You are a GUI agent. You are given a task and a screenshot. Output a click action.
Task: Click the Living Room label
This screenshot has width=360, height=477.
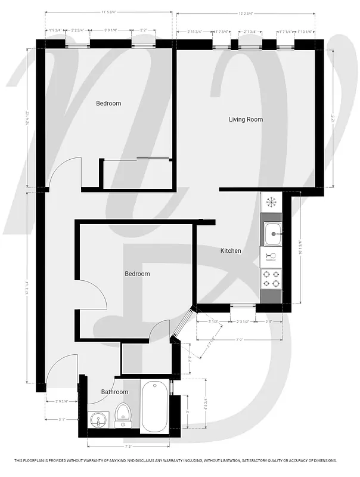click(x=246, y=119)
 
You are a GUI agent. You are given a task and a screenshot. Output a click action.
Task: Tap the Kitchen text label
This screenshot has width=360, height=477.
click(x=231, y=251)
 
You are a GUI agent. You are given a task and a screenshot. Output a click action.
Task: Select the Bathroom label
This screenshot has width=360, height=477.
click(x=114, y=392)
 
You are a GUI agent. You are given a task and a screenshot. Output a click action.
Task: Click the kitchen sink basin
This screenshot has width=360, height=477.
click(x=274, y=234)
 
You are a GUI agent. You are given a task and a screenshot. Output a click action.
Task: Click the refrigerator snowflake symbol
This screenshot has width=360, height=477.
click(x=271, y=202)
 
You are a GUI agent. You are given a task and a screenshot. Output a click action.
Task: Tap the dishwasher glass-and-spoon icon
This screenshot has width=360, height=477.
click(x=271, y=257)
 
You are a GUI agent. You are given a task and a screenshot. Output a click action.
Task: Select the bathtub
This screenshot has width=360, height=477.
click(x=154, y=407)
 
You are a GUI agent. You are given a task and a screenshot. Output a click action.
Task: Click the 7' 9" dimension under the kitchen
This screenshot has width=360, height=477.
click(x=240, y=340)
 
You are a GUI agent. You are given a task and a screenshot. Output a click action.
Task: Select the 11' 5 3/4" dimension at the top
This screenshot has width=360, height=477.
click(x=108, y=11)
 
